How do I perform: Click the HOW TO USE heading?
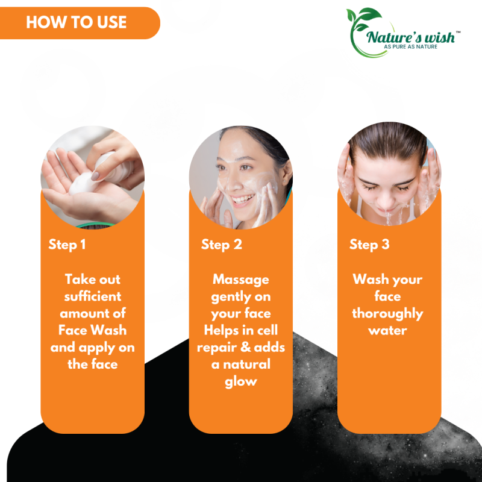pyautogui.click(x=77, y=22)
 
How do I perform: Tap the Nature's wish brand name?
pyautogui.click(x=410, y=37)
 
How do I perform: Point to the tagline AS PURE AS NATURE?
pyautogui.click(x=410, y=47)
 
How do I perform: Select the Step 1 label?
pyautogui.click(x=67, y=245)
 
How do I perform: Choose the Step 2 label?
pyautogui.click(x=222, y=245)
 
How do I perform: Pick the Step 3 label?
pyautogui.click(x=369, y=245)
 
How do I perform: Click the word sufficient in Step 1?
pyautogui.click(x=93, y=296)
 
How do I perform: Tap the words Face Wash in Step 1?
pyautogui.click(x=93, y=330)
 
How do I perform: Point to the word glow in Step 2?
pyautogui.click(x=241, y=382)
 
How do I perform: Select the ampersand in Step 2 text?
pyautogui.click(x=246, y=348)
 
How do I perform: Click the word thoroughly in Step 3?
pyautogui.click(x=387, y=314)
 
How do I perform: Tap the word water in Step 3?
pyautogui.click(x=387, y=331)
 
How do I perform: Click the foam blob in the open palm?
pyautogui.click(x=82, y=184)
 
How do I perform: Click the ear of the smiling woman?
pyautogui.click(x=287, y=173)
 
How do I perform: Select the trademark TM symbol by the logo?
pyautogui.click(x=458, y=32)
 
